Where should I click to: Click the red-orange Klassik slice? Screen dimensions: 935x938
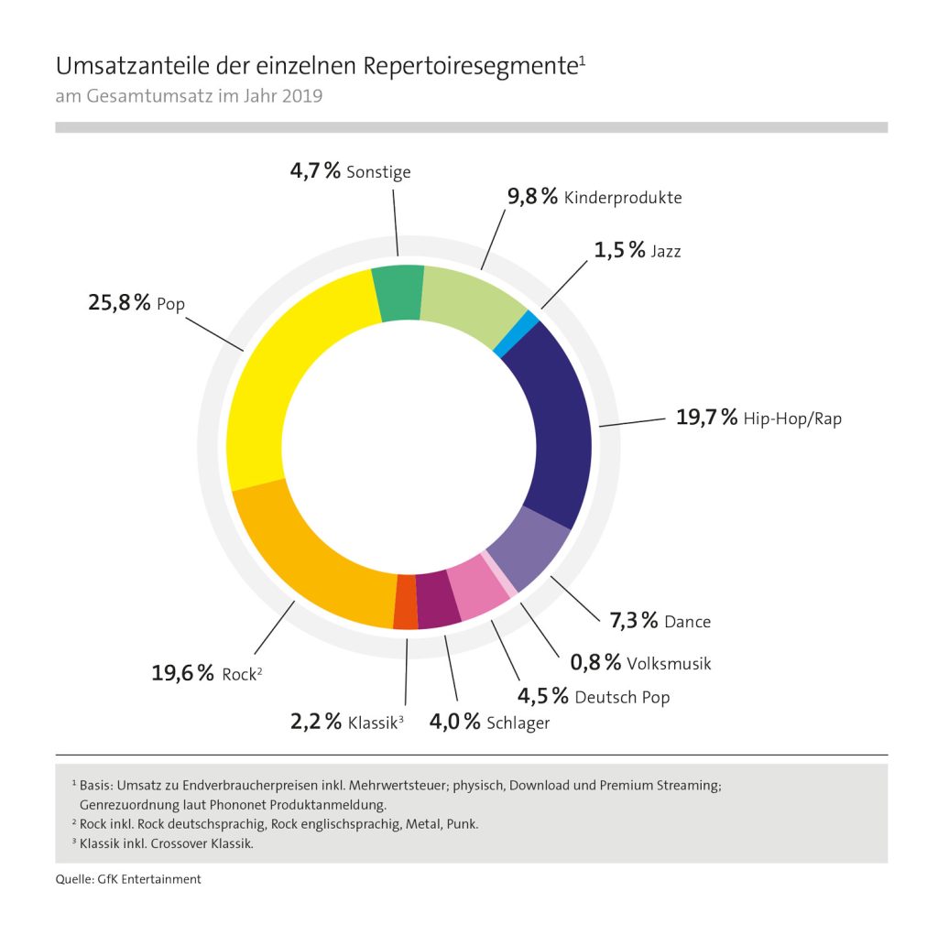[x=405, y=603]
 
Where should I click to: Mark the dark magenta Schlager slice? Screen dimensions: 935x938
[x=437, y=599]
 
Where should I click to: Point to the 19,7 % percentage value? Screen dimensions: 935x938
[x=706, y=418]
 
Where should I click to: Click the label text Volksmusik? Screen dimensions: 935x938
[x=669, y=662]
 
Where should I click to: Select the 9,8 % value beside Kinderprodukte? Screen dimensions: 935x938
[x=531, y=196]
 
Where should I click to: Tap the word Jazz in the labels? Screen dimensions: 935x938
[x=665, y=250]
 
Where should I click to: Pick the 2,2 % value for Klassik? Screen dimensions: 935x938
[x=316, y=722]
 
